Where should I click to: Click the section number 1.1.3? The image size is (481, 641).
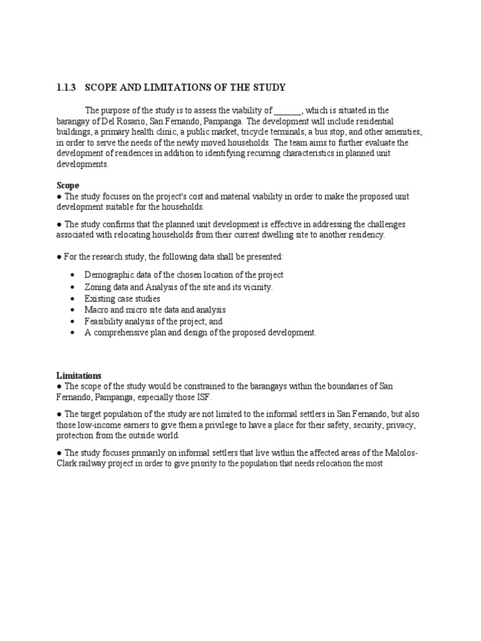tap(66, 87)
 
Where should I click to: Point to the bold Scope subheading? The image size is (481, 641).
tap(68, 186)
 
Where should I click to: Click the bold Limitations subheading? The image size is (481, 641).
tap(79, 376)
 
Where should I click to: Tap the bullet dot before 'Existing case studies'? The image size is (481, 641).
tap(73, 299)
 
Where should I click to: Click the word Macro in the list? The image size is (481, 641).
tap(96, 310)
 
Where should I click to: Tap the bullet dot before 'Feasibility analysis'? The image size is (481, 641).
tap(73, 321)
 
